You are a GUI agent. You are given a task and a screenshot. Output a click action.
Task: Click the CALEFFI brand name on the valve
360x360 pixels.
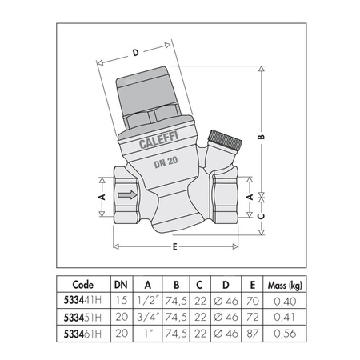(158, 140)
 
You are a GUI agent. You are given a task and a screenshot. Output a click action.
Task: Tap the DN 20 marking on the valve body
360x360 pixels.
(166, 162)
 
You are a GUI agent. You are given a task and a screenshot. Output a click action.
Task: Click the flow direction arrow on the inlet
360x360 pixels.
(127, 195)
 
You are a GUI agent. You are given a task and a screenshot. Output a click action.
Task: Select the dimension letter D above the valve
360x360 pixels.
(136, 53)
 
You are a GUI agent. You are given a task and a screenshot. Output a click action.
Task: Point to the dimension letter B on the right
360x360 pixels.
(262, 137)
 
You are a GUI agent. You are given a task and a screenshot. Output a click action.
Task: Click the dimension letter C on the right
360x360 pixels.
(262, 216)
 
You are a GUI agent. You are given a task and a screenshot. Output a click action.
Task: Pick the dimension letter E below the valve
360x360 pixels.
(174, 247)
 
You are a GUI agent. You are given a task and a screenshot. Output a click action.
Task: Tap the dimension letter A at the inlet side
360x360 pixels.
(102, 197)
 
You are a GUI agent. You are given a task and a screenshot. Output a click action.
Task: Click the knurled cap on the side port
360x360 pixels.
(225, 140)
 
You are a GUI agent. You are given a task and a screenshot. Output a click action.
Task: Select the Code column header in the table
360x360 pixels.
(83, 285)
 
